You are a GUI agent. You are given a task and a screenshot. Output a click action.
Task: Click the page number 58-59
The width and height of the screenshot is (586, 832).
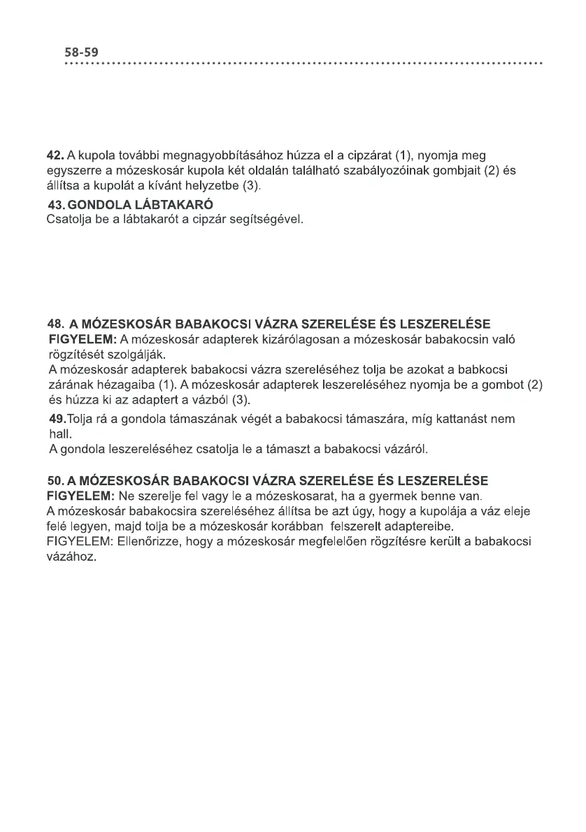point(82,52)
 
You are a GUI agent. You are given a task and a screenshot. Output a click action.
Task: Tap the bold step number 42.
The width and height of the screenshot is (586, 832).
point(55,155)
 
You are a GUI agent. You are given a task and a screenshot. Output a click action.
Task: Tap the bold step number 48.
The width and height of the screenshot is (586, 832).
point(55,324)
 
